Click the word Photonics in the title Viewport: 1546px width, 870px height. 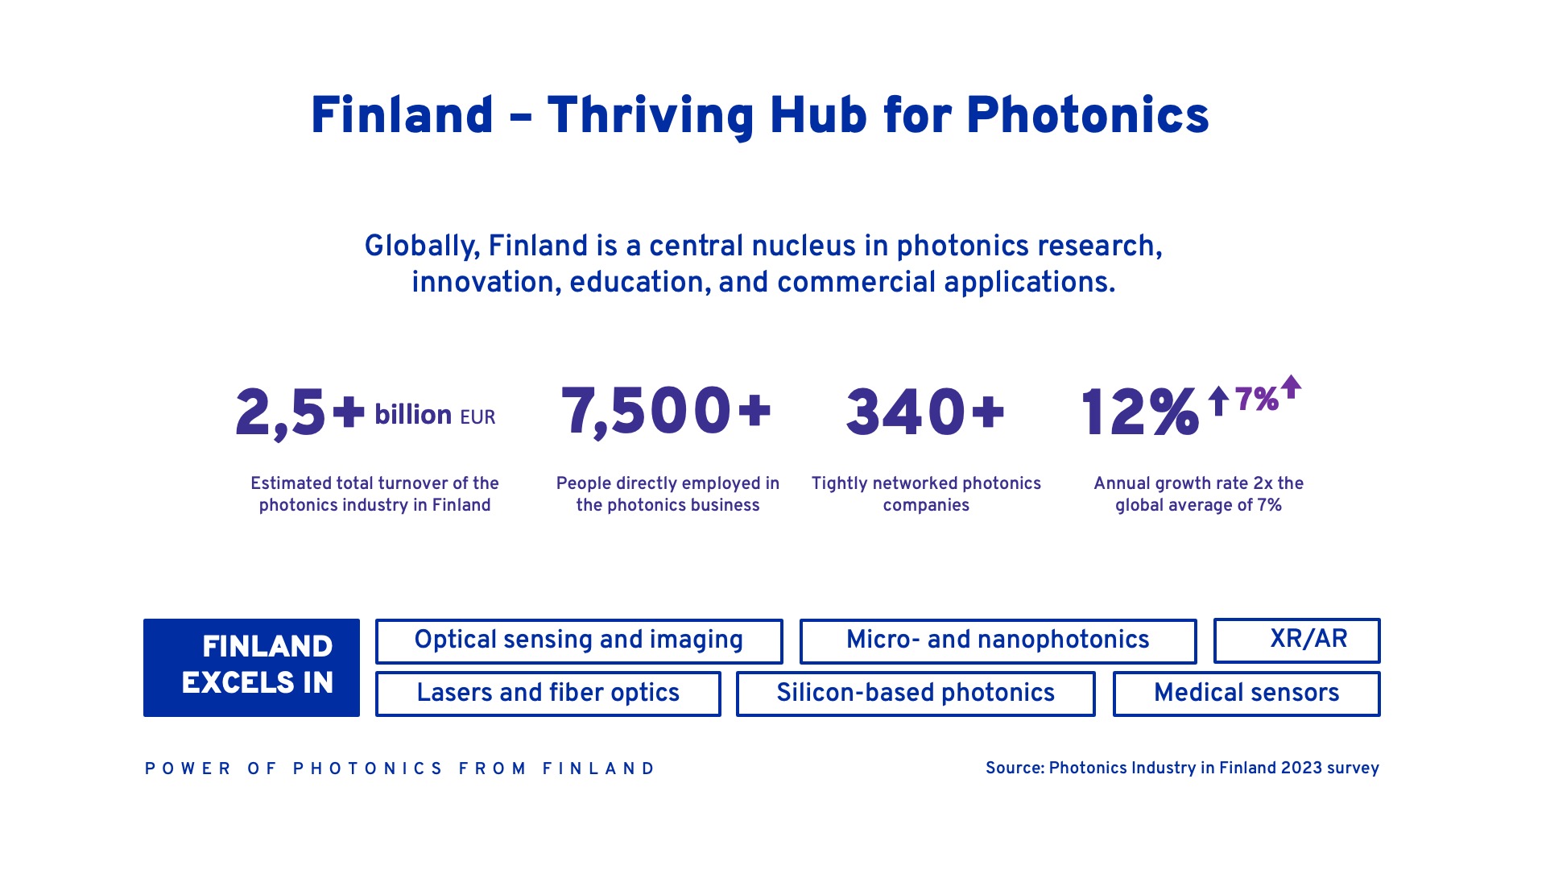click(x=1087, y=115)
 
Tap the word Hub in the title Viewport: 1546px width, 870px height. click(x=819, y=115)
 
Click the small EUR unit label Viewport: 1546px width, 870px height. click(x=477, y=417)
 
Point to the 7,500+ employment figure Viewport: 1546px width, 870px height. click(x=666, y=412)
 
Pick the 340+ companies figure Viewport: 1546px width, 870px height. click(x=925, y=412)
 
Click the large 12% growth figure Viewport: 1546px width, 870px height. click(x=1139, y=412)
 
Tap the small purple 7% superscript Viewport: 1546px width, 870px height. click(x=1257, y=399)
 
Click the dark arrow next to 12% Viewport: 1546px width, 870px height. click(x=1219, y=401)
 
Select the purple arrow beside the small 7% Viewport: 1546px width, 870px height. click(x=1292, y=387)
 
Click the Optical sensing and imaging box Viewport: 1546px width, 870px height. click(x=579, y=641)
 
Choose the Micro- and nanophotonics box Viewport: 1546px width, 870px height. click(x=998, y=641)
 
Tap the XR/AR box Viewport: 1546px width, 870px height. click(x=1297, y=640)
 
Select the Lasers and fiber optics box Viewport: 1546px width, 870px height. click(x=548, y=694)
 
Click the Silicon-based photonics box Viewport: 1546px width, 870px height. click(x=916, y=694)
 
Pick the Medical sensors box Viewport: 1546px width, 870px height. click(x=1246, y=694)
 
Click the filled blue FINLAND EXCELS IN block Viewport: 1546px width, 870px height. click(x=251, y=668)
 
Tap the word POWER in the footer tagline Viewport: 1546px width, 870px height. click(x=188, y=768)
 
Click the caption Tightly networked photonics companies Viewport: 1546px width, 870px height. click(x=926, y=494)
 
